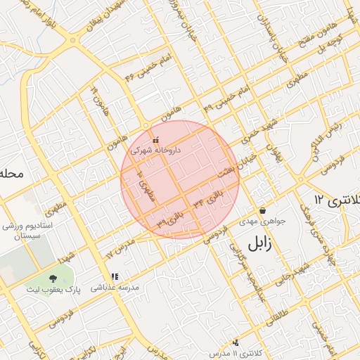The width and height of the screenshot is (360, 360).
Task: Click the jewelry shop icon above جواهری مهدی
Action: pos(262,210)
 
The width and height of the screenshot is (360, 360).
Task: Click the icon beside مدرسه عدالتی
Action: pos(114,277)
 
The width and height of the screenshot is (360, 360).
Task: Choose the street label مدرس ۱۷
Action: pos(119,247)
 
